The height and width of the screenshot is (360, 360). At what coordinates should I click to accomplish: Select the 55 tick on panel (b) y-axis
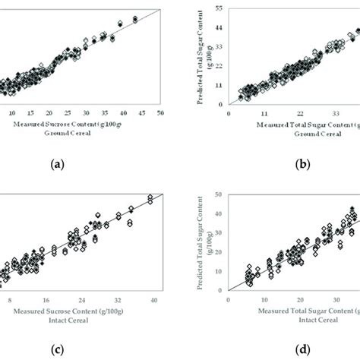(x=219, y=8)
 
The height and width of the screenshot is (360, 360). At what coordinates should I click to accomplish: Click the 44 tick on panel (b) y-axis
(x=219, y=27)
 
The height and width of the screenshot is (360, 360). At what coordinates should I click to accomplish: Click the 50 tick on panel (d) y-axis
(x=219, y=195)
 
